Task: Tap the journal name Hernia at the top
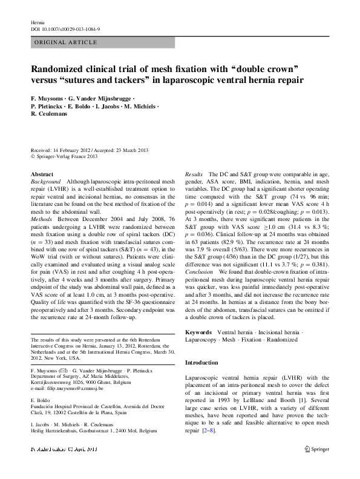coord(38,22)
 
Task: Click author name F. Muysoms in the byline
coord(48,97)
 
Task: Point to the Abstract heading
coord(42,174)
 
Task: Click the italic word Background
coord(46,181)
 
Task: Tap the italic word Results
coord(194,174)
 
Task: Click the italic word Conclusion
coord(199,289)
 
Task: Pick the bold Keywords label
coord(198,332)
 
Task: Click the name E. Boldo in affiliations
coord(40,400)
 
